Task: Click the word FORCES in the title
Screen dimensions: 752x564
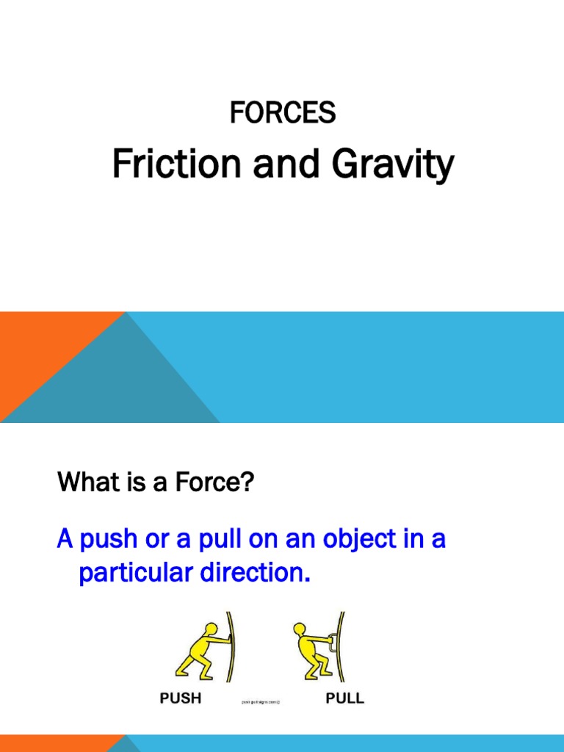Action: coord(283,113)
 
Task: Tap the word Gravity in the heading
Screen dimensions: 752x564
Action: coord(393,166)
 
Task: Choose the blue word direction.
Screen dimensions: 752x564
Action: coord(253,574)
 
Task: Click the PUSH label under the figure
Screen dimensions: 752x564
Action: coord(181,698)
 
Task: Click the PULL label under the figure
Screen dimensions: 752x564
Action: coord(344,698)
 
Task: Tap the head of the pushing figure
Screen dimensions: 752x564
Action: coord(211,630)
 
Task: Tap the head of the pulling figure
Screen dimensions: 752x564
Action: coord(299,630)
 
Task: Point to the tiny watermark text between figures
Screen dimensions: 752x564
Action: coord(261,702)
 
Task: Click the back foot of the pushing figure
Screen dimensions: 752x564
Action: coord(180,674)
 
